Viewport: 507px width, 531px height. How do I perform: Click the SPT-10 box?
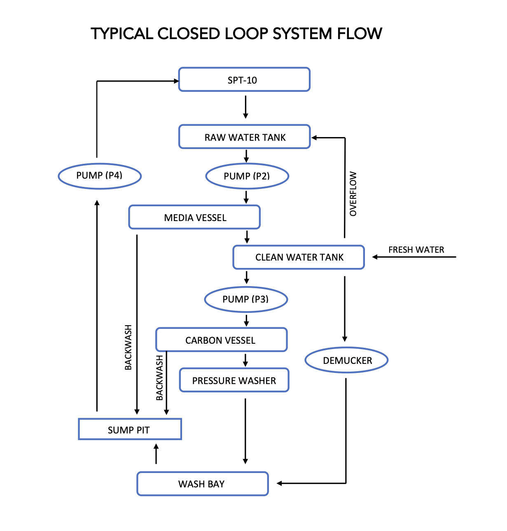coord(244,80)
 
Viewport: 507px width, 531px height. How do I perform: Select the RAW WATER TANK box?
coord(244,137)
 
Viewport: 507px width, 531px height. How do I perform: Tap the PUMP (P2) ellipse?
coord(247,176)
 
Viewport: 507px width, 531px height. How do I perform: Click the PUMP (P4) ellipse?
coord(100,176)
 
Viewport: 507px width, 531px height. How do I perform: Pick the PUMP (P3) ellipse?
coord(246,299)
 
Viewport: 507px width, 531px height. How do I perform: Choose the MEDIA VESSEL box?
coord(194,217)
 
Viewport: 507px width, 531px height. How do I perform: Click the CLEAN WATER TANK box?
coord(299,257)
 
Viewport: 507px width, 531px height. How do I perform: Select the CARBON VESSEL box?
coord(221,340)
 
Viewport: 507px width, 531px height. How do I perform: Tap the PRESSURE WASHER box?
coord(234,380)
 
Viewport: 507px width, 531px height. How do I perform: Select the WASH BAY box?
coord(202,484)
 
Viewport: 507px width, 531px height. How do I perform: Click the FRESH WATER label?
coord(416,250)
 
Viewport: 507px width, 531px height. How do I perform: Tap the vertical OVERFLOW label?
coord(353,193)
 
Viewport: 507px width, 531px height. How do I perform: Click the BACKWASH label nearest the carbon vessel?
coord(159,378)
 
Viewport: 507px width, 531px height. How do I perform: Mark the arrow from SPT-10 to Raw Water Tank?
coord(245,107)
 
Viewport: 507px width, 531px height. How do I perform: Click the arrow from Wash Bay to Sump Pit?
coord(156,454)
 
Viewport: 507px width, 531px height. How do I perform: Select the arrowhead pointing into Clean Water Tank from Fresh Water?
coord(375,257)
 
